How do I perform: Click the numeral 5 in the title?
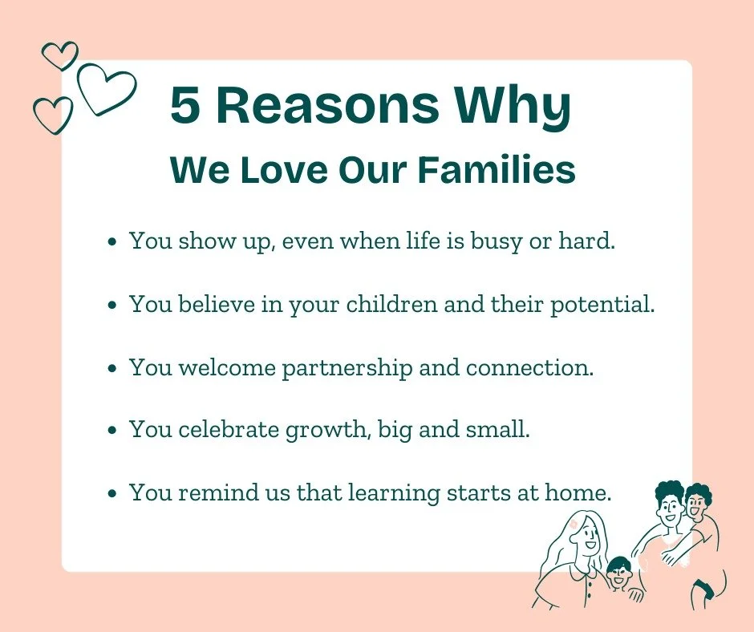[185, 107]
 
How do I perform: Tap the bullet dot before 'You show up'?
[112, 241]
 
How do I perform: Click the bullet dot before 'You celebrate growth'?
[112, 430]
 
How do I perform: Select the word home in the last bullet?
[576, 493]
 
